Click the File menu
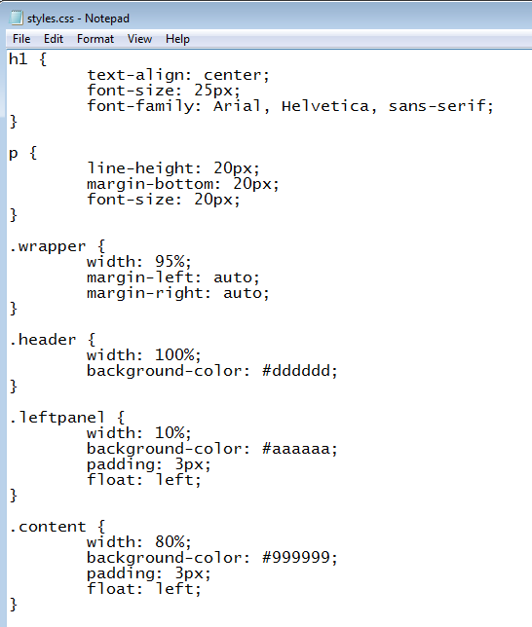[21, 39]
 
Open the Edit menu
[54, 39]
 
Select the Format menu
[95, 39]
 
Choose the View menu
[139, 39]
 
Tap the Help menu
[177, 39]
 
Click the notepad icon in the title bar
[16, 18]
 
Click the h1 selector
[18, 59]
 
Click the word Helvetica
[325, 106]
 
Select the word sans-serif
[437, 106]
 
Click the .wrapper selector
[48, 246]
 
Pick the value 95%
[171, 262]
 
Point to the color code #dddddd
[296, 370]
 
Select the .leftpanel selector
[57, 418]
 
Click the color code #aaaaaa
[296, 449]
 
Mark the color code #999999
[296, 558]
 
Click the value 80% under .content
[171, 542]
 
